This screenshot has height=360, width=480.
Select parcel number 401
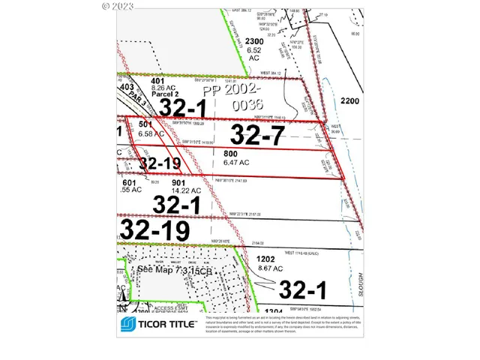(x=157, y=80)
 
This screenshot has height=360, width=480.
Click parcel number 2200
(x=350, y=100)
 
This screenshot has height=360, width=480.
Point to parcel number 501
(x=145, y=124)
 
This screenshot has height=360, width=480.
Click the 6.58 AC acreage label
(x=151, y=133)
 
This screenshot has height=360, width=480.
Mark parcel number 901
(x=178, y=181)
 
